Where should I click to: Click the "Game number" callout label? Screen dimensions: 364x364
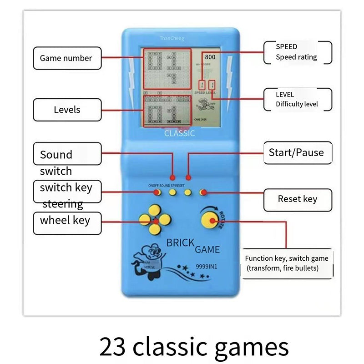pos(66,58)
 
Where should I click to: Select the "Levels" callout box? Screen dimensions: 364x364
pos(67,110)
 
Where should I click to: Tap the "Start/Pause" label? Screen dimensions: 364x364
pos(296,152)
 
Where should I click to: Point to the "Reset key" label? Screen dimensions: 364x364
pos(298,199)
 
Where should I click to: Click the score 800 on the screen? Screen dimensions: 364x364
pos(210,57)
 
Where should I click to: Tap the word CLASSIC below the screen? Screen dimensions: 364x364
pos(179,133)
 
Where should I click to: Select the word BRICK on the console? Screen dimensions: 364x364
pos(181,243)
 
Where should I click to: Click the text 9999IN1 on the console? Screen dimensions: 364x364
pos(205,267)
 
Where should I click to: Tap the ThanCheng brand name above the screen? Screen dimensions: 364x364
pos(172,39)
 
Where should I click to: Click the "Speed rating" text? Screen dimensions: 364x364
pos(296,57)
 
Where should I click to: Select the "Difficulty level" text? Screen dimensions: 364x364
pos(297,104)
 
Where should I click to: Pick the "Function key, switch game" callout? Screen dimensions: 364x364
pos(287,258)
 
